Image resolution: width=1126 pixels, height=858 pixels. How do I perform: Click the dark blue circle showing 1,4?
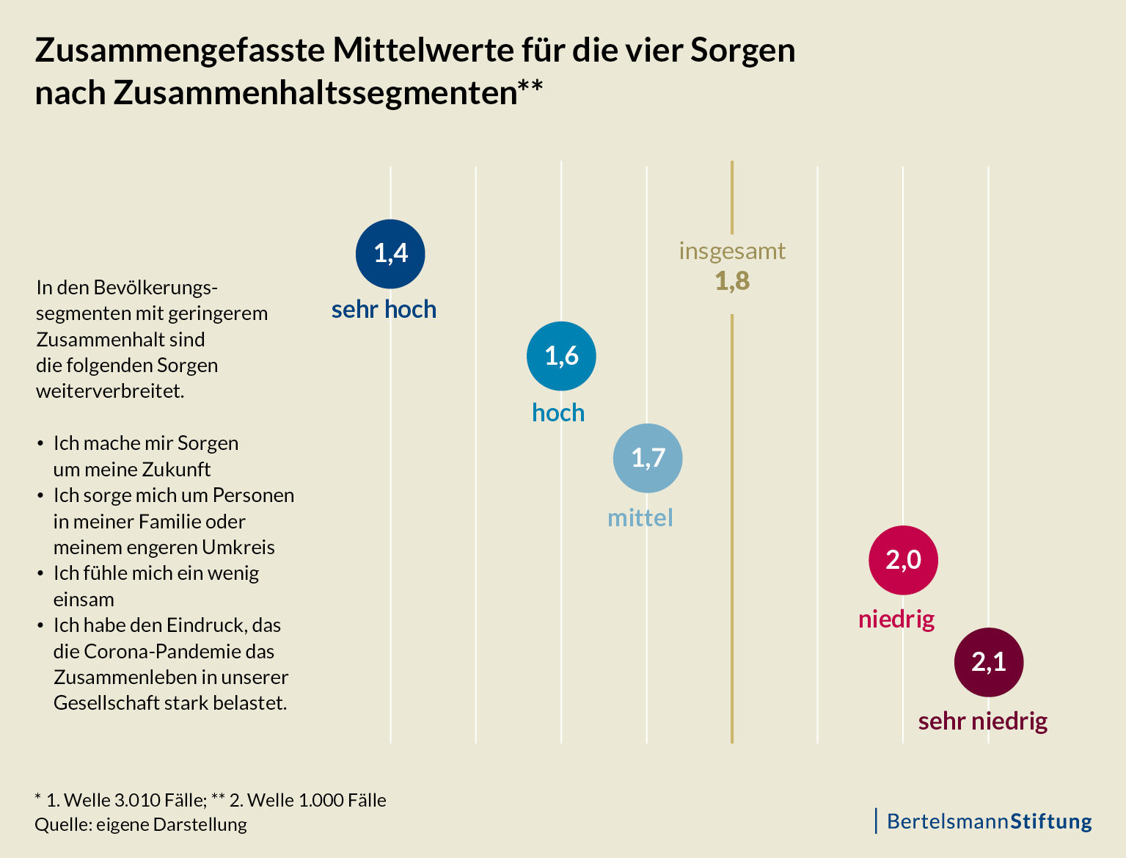click(x=390, y=254)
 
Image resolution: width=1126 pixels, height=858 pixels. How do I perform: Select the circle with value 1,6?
click(x=561, y=356)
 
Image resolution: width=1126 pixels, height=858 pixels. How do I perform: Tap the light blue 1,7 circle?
click(x=648, y=458)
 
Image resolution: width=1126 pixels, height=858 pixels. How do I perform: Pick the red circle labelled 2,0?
click(x=903, y=560)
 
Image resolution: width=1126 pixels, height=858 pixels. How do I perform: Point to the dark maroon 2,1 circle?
click(x=988, y=662)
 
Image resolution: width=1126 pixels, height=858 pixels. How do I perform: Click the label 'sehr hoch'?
click(x=384, y=310)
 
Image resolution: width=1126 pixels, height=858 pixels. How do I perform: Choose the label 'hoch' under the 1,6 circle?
click(x=558, y=413)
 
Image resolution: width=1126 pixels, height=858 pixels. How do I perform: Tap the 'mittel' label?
click(x=640, y=518)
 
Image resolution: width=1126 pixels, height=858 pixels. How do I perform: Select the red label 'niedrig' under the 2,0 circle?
click(x=896, y=619)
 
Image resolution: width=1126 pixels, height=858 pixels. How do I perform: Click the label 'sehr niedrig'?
click(x=982, y=721)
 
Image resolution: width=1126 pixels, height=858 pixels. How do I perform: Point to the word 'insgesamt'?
click(x=732, y=251)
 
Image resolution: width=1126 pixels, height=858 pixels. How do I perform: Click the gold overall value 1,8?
click(x=732, y=281)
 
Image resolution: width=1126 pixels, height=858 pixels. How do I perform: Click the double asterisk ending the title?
click(x=530, y=87)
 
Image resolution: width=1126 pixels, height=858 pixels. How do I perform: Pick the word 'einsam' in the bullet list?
click(x=84, y=600)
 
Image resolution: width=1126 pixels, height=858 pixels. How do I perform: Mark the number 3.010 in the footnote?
click(x=139, y=800)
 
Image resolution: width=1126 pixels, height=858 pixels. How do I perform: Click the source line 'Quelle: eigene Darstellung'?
click(x=141, y=825)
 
